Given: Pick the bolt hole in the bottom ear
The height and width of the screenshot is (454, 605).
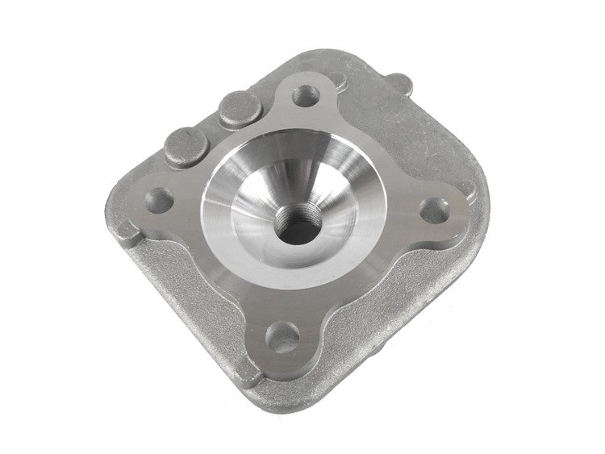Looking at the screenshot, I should (281, 336).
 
